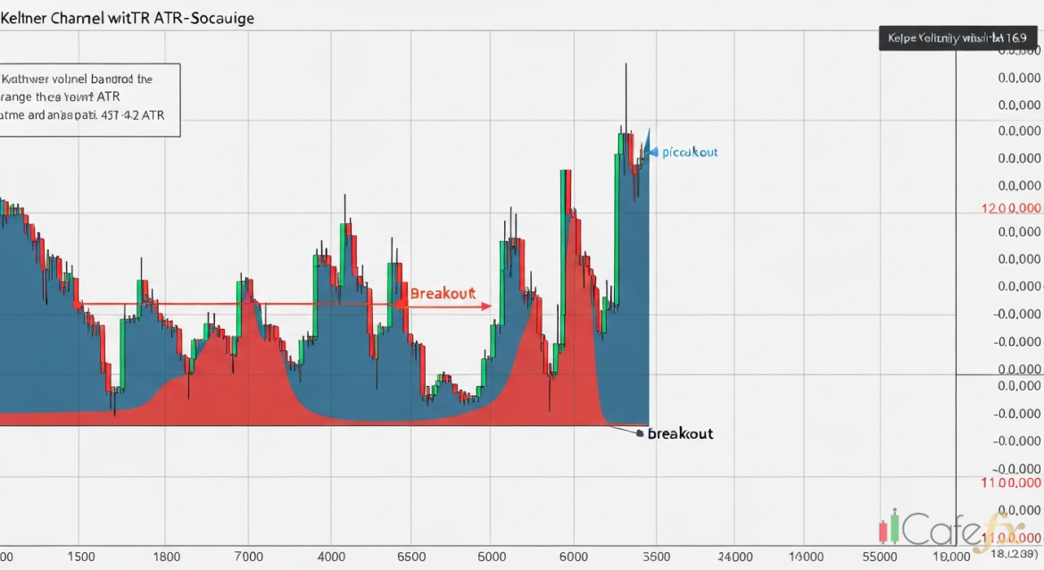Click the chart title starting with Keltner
pos(127,18)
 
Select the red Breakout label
pos(442,293)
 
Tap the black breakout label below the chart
pos(680,433)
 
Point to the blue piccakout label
pos(690,153)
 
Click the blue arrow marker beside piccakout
pos(652,153)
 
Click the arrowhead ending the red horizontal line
pos(487,306)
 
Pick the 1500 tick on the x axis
pos(79,556)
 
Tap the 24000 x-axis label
pos(735,556)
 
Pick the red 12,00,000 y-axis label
pos(1011,208)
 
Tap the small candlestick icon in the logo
pos(890,529)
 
